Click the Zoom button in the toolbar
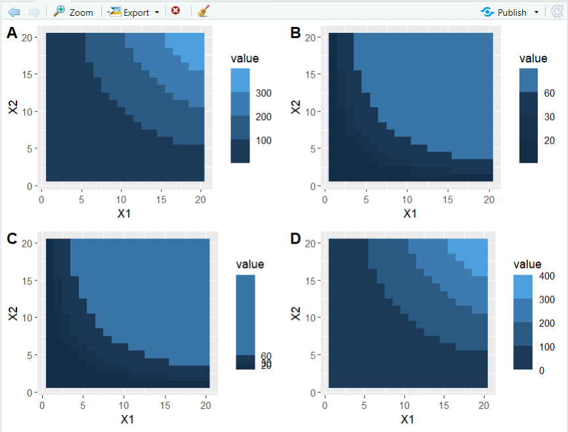(74, 12)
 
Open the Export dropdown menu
(134, 12)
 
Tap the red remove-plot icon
(175, 11)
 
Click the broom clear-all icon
(204, 11)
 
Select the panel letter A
(12, 33)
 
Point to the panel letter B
(295, 33)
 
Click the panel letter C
(12, 238)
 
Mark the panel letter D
(296, 238)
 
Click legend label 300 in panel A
(264, 93)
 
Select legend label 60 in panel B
(550, 93)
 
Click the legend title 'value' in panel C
(250, 265)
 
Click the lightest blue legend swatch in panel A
(240, 80)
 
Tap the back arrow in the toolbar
(14, 12)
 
